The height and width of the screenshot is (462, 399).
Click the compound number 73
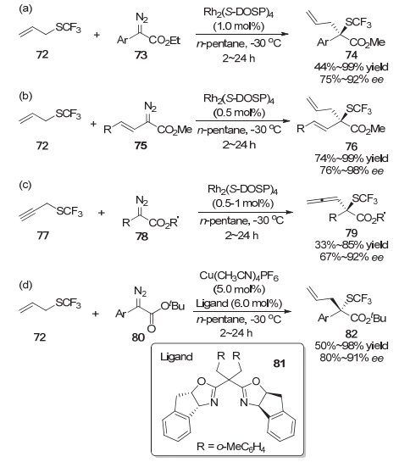tap(141, 55)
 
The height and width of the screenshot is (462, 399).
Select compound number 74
tap(352, 55)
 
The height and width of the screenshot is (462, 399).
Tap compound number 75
tap(141, 146)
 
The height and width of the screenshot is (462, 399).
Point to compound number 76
tap(352, 146)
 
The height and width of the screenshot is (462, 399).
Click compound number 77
tap(43, 236)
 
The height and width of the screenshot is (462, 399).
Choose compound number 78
tap(141, 237)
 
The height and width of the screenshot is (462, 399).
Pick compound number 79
tap(352, 233)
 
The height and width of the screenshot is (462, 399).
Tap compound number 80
tap(138, 337)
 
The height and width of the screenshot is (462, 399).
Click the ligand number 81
tap(279, 364)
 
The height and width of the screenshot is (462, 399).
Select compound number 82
tap(352, 334)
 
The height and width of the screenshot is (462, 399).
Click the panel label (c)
tap(25, 185)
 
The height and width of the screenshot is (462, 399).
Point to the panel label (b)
tap(25, 96)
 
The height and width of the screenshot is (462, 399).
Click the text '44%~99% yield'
tap(352, 68)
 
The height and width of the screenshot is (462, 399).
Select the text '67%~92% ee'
tap(352, 257)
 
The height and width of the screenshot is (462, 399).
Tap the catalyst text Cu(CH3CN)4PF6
tap(239, 276)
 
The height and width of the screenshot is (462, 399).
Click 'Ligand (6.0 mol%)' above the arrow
tap(239, 303)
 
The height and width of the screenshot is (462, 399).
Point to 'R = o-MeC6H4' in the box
tap(230, 447)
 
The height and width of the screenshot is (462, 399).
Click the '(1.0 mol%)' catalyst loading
tap(239, 26)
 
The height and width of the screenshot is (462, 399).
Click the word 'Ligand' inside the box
tap(176, 357)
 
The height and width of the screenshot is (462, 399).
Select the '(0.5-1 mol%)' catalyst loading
tap(242, 203)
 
